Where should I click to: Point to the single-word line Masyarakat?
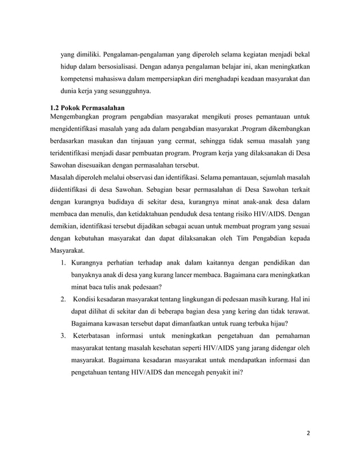click(x=68, y=251)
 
